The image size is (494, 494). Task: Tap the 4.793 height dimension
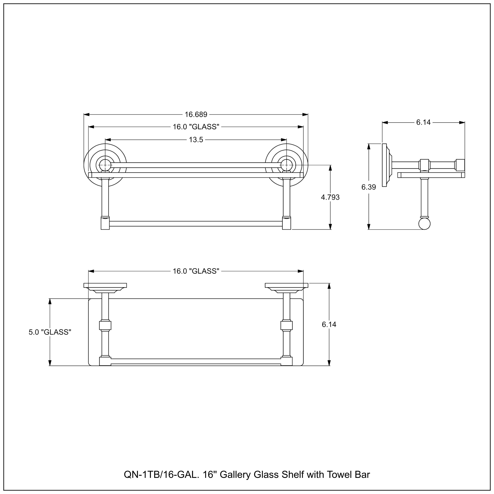pos(330,197)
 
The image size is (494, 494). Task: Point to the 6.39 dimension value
pos(369,187)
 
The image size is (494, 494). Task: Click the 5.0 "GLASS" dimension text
pos(50,332)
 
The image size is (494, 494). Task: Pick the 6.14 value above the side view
pos(423,123)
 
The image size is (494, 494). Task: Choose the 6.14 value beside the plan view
pos(329,324)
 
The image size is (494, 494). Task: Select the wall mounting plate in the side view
pos(384,165)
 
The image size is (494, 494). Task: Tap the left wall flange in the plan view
pos(105,285)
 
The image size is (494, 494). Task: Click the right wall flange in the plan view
pos(287,285)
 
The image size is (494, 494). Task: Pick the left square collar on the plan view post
pos(105,326)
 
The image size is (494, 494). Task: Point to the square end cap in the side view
pos(460,165)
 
